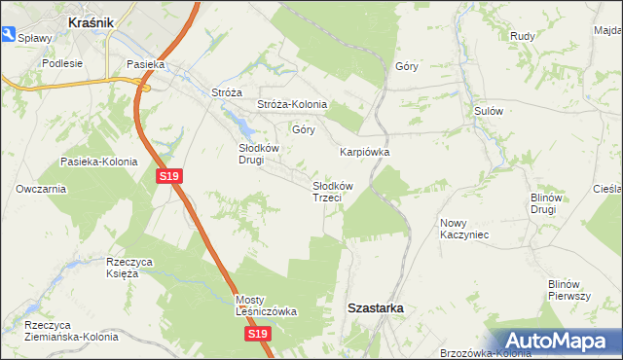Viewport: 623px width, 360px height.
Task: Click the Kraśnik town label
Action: click(x=93, y=20)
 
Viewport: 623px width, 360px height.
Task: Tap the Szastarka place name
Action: click(x=376, y=307)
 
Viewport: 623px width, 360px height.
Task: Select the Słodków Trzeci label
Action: click(x=332, y=191)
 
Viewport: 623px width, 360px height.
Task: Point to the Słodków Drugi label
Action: click(x=260, y=154)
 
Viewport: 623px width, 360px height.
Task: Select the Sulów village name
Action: click(x=488, y=111)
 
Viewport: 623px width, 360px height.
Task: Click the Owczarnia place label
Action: click(x=41, y=189)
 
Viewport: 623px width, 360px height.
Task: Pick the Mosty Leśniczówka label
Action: click(x=266, y=306)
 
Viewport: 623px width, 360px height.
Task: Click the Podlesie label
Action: click(x=63, y=62)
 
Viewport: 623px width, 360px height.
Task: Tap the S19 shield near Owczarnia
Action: click(x=168, y=175)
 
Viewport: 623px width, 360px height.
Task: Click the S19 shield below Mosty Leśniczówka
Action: click(x=256, y=334)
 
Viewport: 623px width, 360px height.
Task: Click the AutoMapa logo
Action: click(x=557, y=341)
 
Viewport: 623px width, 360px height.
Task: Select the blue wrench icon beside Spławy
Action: click(x=9, y=37)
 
